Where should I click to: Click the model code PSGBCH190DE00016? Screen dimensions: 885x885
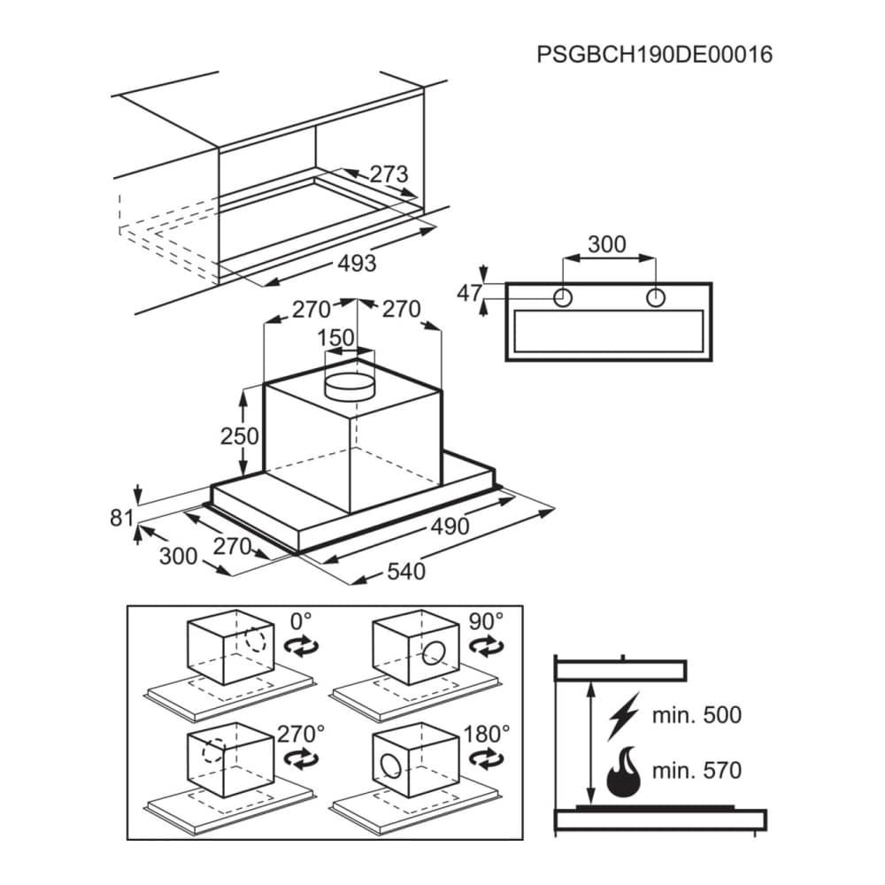[x=654, y=55]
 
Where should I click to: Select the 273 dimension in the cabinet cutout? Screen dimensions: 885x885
[x=389, y=173]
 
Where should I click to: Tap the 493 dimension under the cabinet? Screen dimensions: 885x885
[x=357, y=263]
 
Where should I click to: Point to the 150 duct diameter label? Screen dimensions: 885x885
[x=335, y=337]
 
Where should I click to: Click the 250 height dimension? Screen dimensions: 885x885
[x=239, y=435]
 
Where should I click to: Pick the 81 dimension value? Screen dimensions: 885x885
[x=121, y=518]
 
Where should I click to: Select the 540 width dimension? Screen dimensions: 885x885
[x=406, y=571]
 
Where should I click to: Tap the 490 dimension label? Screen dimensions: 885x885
[x=450, y=526]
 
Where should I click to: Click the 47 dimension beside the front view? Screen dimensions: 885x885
[x=470, y=293]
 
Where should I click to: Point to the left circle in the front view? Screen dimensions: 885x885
[x=563, y=297]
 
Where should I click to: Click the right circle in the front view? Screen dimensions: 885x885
[x=655, y=297]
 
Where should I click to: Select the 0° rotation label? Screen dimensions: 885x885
[x=301, y=621]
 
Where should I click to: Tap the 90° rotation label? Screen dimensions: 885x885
[x=486, y=621]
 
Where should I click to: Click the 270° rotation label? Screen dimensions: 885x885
[x=301, y=735]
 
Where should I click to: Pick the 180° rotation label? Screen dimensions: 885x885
[x=487, y=735]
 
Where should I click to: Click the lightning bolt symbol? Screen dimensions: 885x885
[x=624, y=716]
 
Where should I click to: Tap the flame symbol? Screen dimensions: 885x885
[x=623, y=772]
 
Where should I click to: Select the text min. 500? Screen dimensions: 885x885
[x=696, y=715]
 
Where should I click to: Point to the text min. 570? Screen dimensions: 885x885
[x=696, y=771]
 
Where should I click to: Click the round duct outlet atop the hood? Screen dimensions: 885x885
[x=350, y=387]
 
